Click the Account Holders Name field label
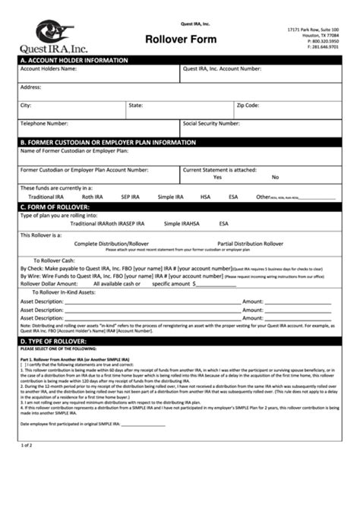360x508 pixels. tap(48, 68)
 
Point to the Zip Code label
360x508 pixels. tap(248, 105)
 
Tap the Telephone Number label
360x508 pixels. tap(44, 122)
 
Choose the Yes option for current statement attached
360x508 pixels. tap(217, 177)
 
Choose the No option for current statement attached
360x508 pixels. tap(275, 177)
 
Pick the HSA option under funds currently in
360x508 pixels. tap(205, 197)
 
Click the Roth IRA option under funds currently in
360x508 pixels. tap(93, 197)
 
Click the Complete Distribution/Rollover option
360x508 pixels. tap(112, 244)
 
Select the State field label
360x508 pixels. tap(136, 105)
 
